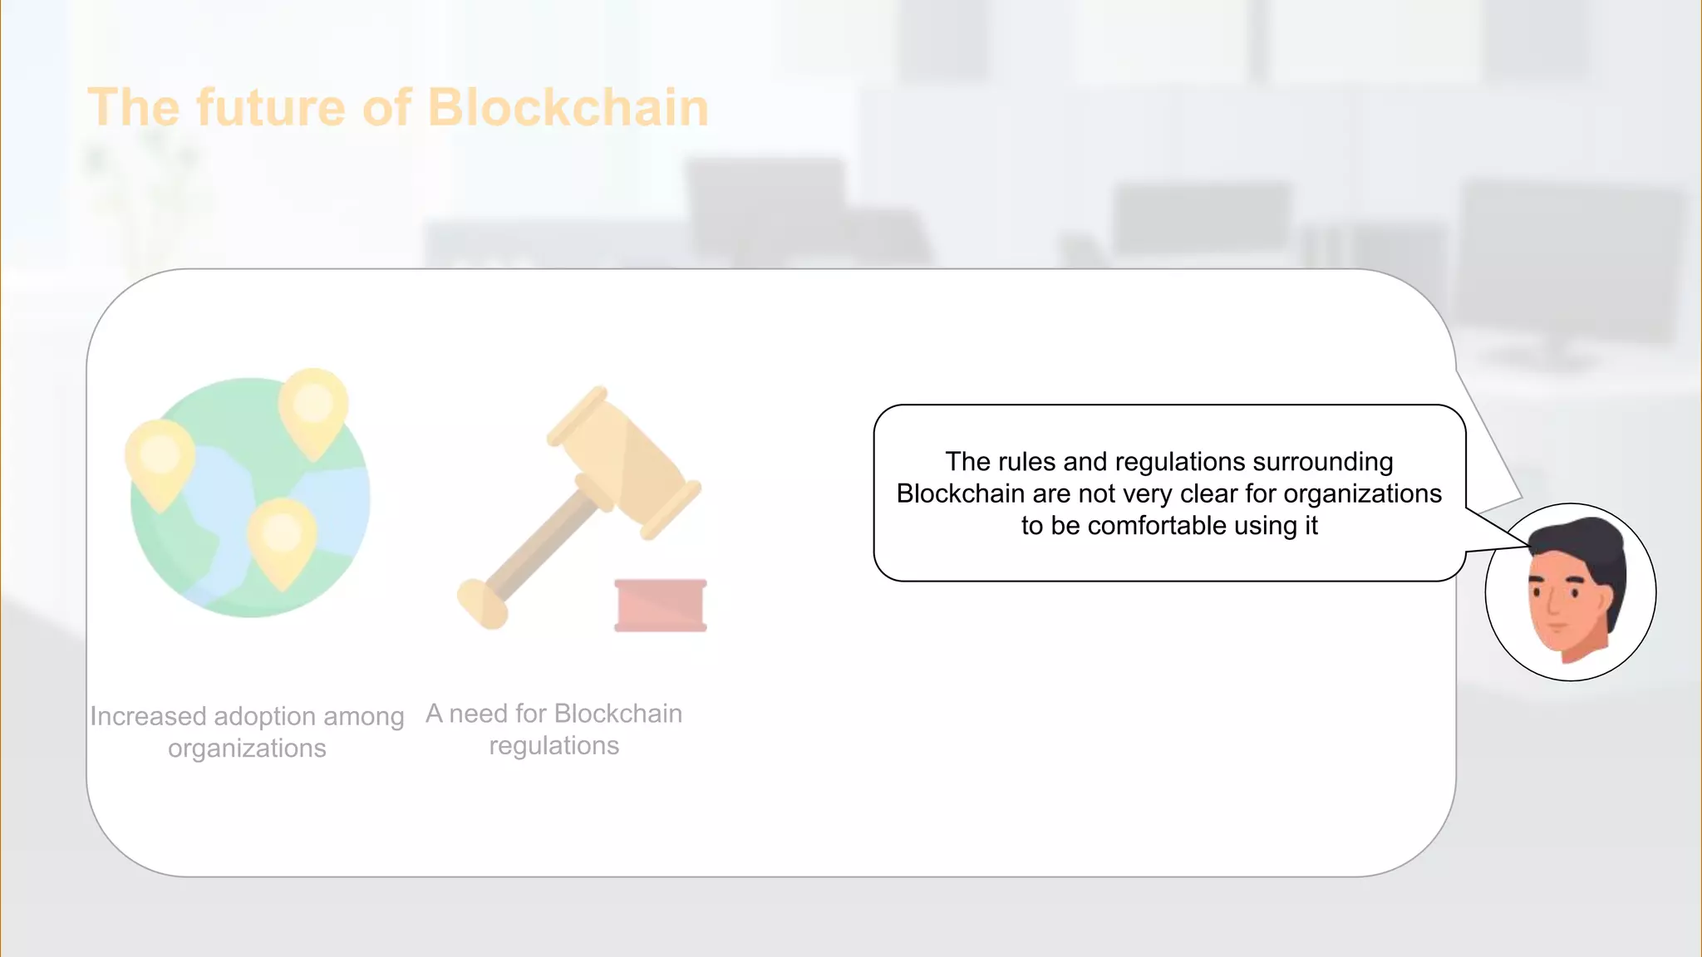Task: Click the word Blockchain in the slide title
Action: point(568,108)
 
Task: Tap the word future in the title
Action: point(270,108)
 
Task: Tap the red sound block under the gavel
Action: point(661,606)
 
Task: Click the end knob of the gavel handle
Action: point(481,603)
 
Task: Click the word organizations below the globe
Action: point(247,748)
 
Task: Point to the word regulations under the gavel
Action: point(553,746)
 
